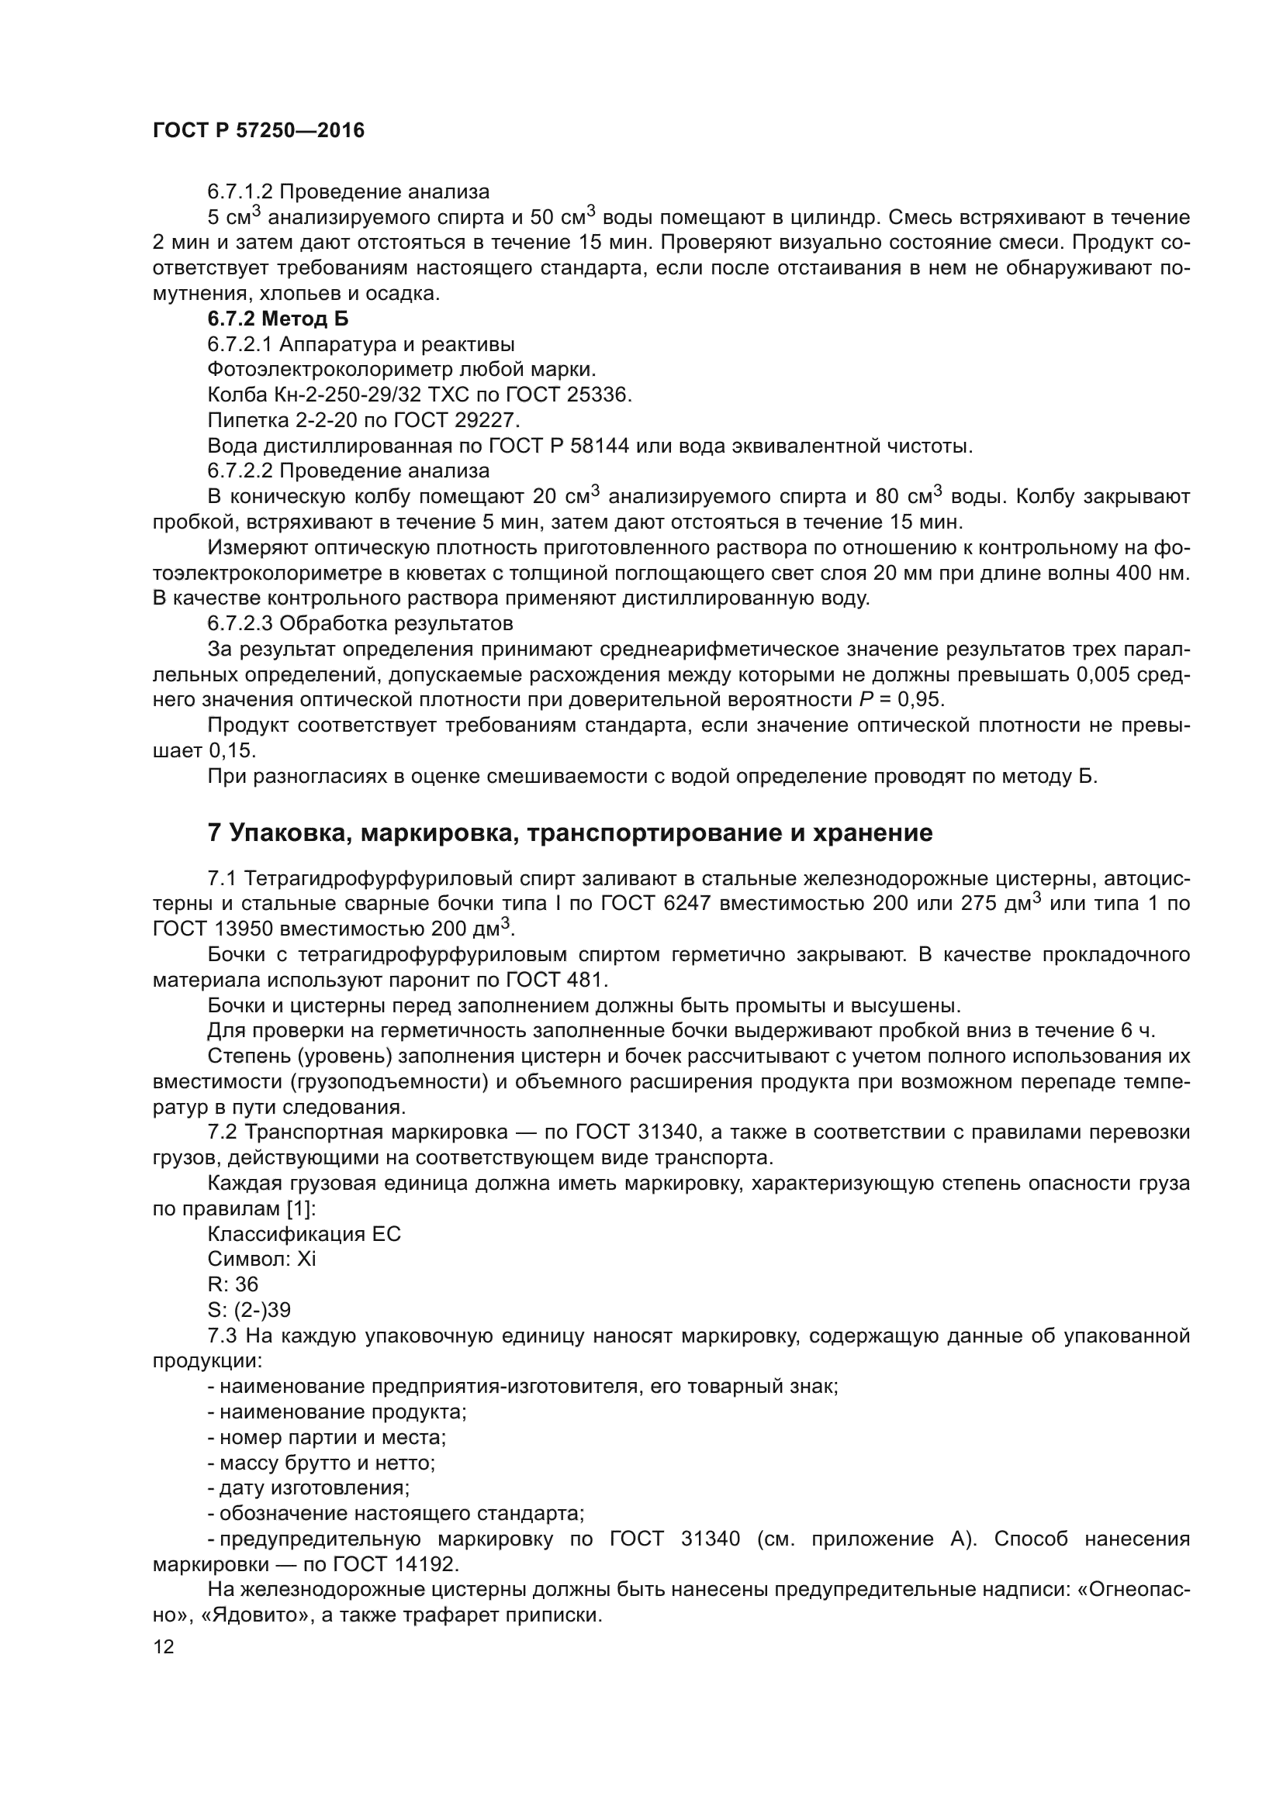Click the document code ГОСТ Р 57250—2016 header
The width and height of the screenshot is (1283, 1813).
[258, 130]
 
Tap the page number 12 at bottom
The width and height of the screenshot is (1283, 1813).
[164, 1646]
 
